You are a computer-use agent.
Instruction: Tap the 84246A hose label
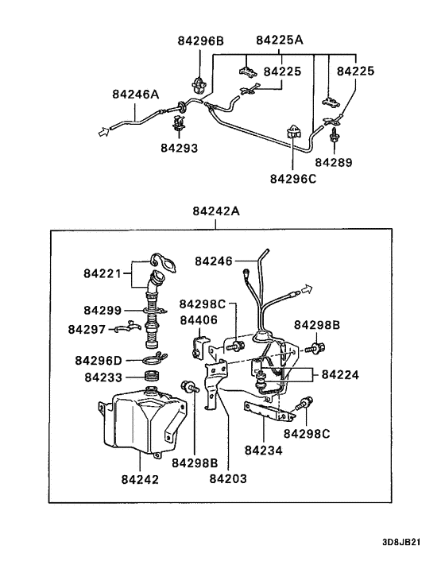[x=135, y=95]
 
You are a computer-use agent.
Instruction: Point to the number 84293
[x=179, y=148]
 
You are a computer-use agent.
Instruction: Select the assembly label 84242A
[x=215, y=211]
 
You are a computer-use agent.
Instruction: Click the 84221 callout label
[x=102, y=274]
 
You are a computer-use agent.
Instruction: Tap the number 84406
[x=198, y=320]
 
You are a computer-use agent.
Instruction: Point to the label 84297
[x=87, y=329]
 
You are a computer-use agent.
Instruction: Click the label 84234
[x=263, y=450]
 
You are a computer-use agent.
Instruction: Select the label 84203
[x=228, y=479]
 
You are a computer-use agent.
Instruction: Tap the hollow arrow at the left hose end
[x=102, y=133]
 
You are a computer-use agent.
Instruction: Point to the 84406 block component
[x=199, y=346]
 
